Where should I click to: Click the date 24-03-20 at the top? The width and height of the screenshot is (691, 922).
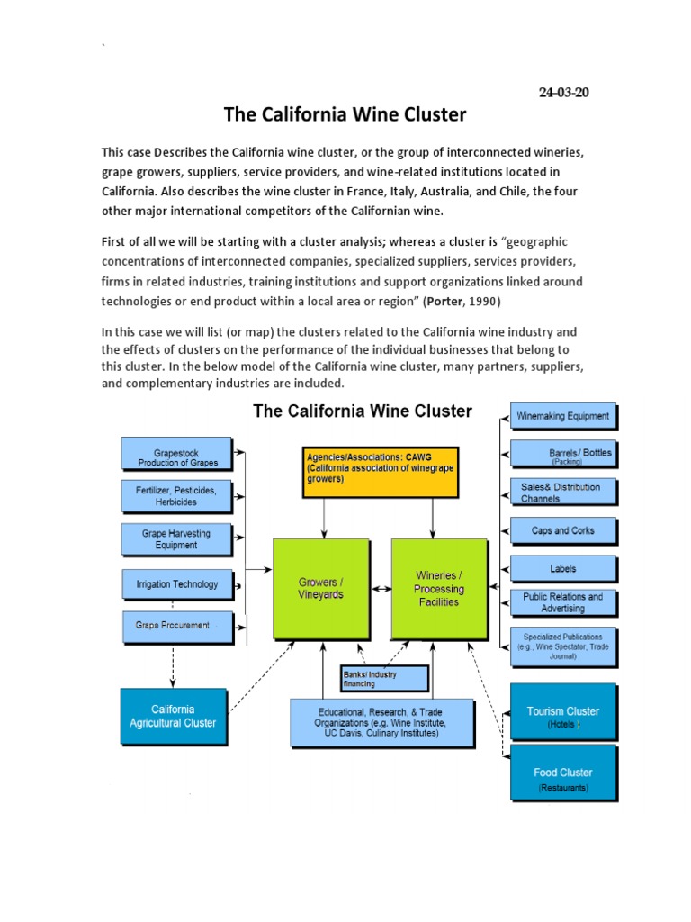click(x=564, y=93)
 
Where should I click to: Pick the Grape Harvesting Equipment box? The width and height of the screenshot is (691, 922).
click(x=176, y=538)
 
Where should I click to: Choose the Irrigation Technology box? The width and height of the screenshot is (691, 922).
click(x=176, y=584)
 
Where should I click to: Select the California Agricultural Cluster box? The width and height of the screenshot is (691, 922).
click(x=172, y=716)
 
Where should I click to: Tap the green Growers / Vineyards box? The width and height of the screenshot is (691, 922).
click(x=320, y=589)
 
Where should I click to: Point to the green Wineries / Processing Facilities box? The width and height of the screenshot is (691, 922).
click(x=439, y=589)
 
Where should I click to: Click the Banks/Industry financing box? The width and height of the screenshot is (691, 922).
click(x=383, y=677)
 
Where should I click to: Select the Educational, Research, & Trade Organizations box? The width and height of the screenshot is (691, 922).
click(x=382, y=722)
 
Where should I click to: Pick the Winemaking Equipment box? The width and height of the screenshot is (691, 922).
click(x=563, y=417)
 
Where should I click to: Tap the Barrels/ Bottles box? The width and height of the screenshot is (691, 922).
click(x=563, y=456)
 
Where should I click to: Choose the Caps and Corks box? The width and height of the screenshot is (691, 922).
click(x=563, y=530)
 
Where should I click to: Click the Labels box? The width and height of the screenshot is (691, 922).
click(x=563, y=569)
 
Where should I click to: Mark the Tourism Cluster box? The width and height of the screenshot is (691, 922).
click(x=563, y=715)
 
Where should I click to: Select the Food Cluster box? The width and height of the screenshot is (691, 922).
click(x=563, y=777)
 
